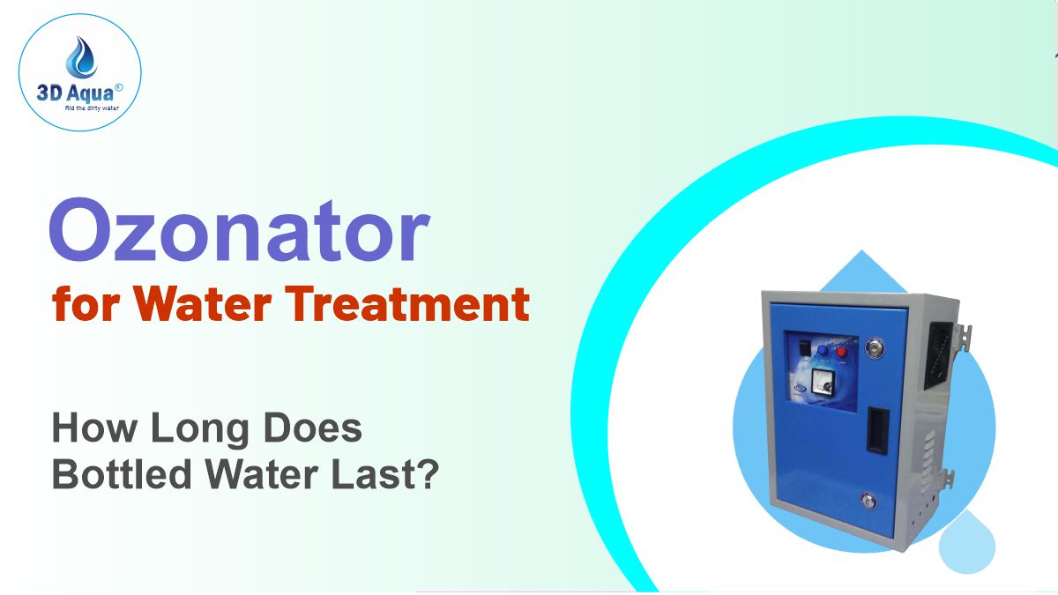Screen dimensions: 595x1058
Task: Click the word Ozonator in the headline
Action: (x=238, y=234)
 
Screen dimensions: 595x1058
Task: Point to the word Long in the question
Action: (x=199, y=429)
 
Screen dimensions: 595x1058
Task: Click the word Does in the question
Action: (x=313, y=429)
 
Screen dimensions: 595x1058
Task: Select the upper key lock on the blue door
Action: (x=874, y=346)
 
